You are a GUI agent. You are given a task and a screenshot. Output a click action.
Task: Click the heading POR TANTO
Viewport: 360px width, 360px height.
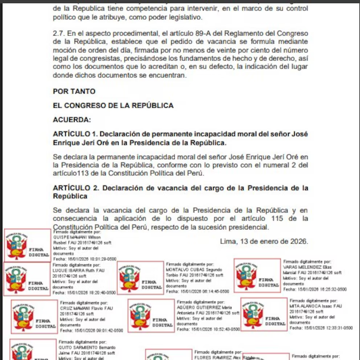(x=74, y=91)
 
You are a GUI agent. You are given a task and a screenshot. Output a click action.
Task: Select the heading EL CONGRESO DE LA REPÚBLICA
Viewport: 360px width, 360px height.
(x=113, y=106)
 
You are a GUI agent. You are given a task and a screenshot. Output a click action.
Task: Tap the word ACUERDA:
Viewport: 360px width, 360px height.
(x=72, y=120)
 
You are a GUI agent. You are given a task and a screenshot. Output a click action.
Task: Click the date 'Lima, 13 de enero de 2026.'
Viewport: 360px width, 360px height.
(x=264, y=241)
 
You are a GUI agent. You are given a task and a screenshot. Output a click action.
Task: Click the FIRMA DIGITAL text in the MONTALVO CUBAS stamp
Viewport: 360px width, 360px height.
(x=152, y=284)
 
